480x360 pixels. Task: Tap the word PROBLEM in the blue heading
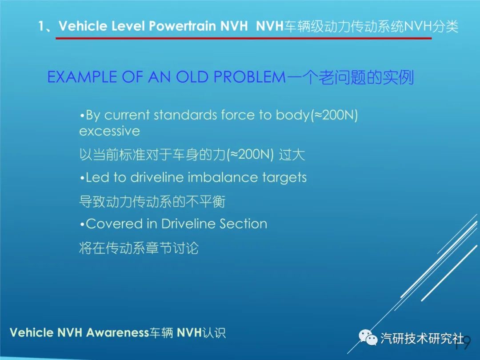[249, 77]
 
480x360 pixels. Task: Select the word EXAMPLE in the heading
[82, 77]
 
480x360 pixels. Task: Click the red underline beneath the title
[244, 38]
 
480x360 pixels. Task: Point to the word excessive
[110, 131]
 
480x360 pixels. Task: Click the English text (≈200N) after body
[334, 115]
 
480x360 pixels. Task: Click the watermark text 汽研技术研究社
[422, 339]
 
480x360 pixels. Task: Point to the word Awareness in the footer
[117, 332]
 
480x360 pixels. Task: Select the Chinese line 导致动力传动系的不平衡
[152, 202]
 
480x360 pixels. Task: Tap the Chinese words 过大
[292, 155]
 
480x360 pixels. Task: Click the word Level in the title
[128, 26]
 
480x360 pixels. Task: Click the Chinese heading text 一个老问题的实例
[350, 77]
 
